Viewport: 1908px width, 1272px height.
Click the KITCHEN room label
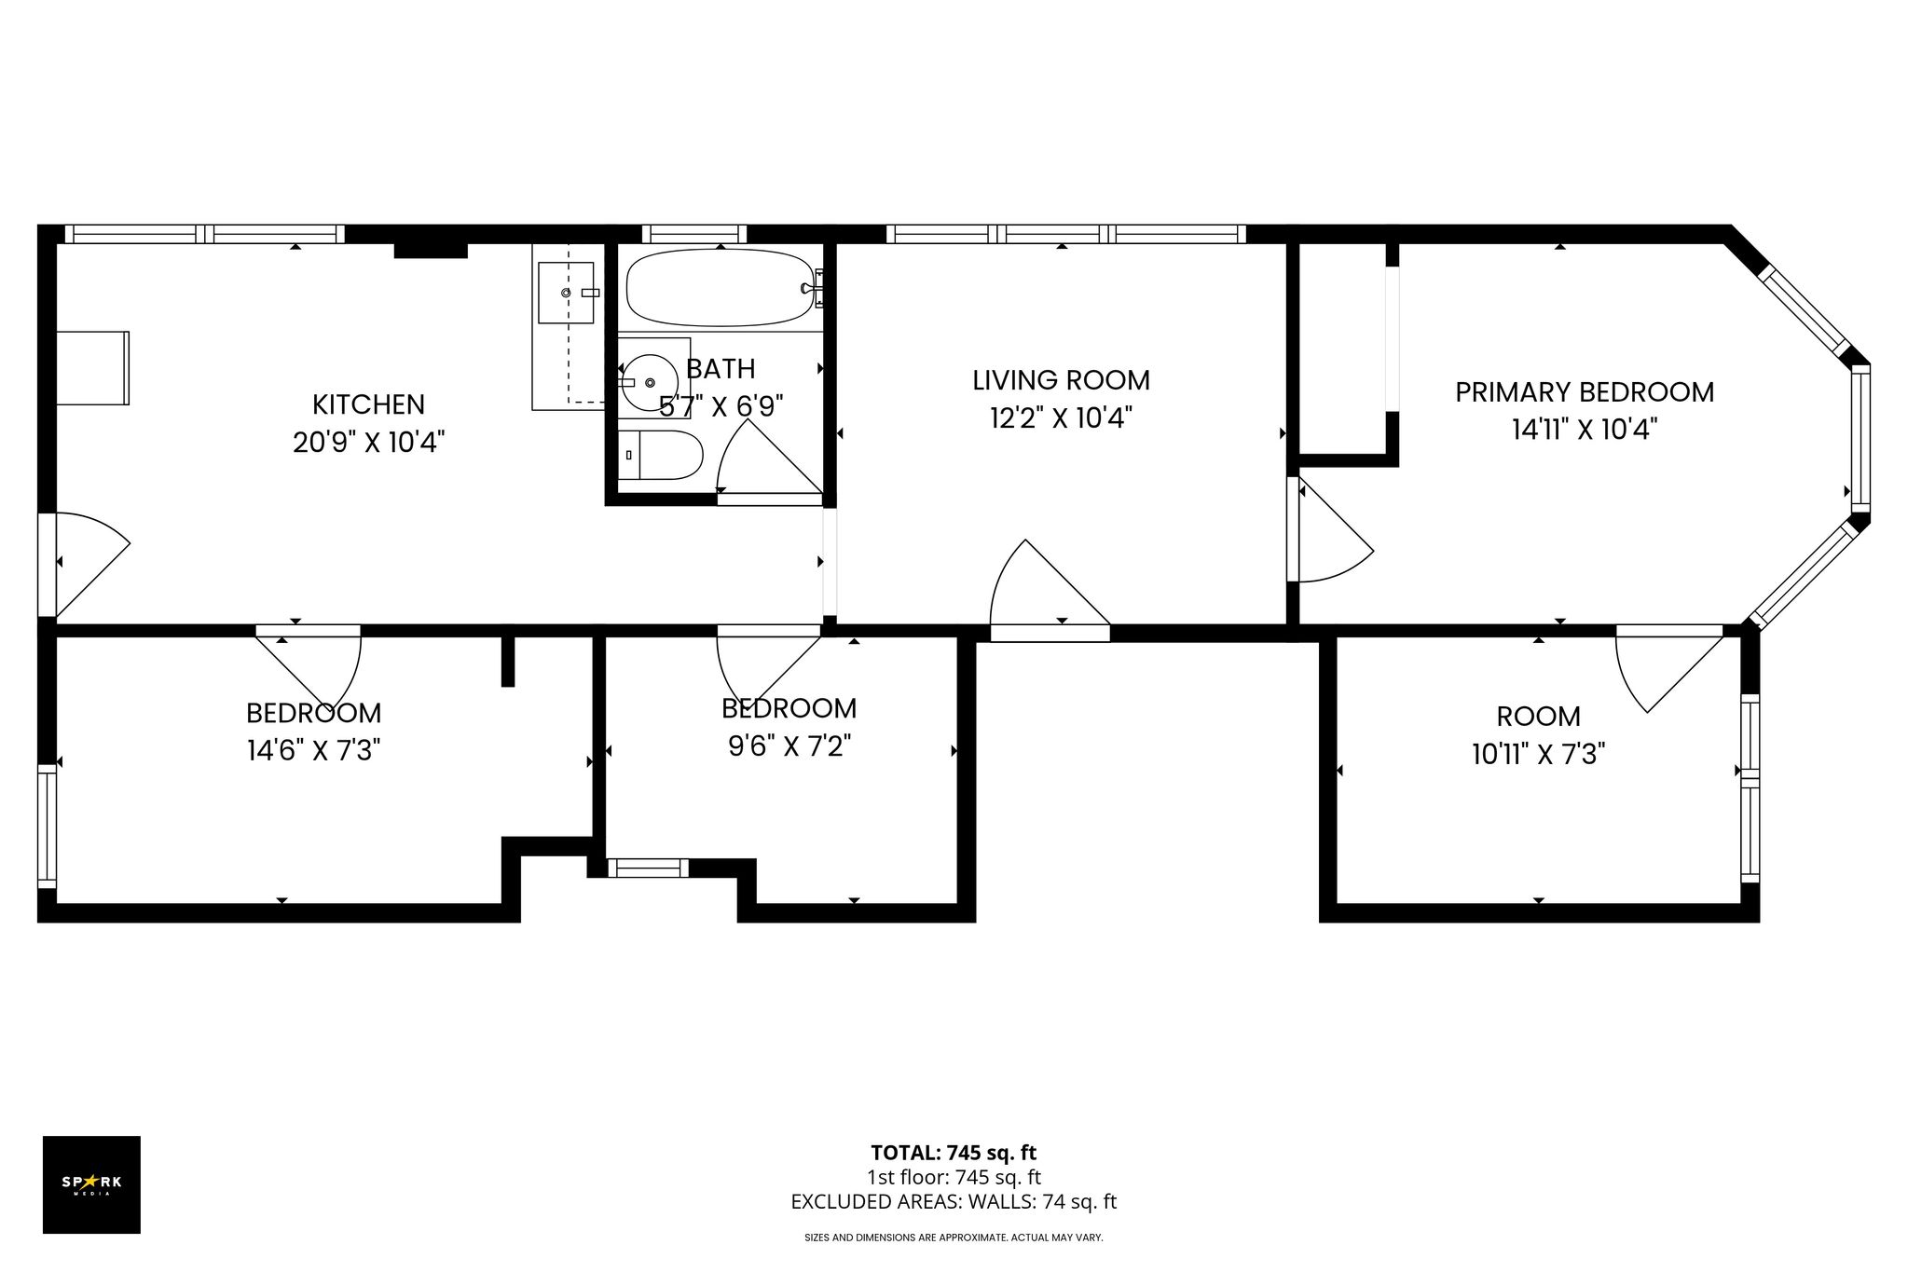point(368,404)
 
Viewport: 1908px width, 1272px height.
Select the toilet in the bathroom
point(660,455)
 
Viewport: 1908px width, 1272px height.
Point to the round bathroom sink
point(650,383)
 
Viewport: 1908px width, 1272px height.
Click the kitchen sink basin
point(565,293)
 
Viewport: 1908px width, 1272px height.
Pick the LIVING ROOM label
point(1061,380)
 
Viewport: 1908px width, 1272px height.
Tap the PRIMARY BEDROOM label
point(1585,392)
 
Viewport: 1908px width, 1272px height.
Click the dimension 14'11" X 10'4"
point(1585,430)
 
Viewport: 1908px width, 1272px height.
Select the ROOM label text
point(1538,717)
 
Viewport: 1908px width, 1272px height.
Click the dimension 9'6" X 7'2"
point(789,746)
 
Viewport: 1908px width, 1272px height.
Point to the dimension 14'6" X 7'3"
point(314,750)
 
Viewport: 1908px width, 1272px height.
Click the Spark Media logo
point(91,1184)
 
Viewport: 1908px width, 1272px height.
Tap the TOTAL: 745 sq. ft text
point(954,1153)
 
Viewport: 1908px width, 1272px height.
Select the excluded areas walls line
point(954,1202)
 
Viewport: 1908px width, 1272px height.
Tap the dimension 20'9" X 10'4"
point(368,442)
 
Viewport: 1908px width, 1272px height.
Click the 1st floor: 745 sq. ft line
point(954,1178)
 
